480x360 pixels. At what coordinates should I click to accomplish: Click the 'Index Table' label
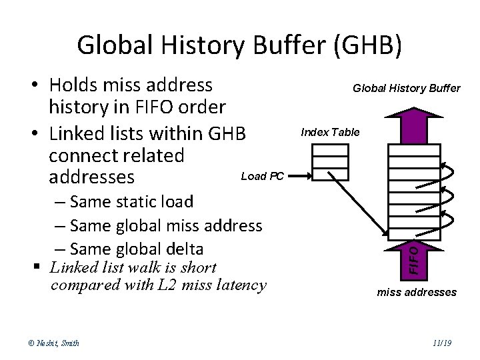pos(330,132)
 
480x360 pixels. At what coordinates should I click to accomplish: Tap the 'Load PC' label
pos(263,177)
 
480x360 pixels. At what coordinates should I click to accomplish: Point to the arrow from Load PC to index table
pos(299,177)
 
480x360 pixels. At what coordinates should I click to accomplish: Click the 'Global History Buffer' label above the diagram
pos(406,88)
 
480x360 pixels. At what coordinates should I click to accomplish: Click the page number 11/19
pos(442,343)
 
